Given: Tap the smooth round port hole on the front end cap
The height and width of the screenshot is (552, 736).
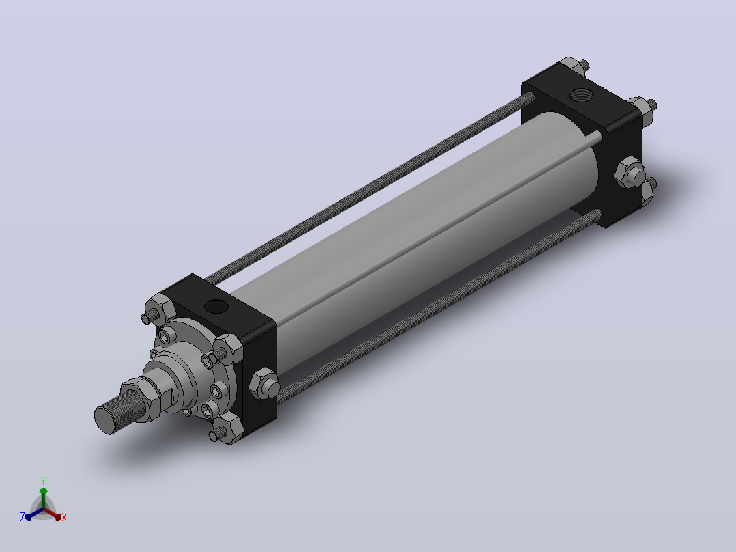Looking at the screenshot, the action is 216,307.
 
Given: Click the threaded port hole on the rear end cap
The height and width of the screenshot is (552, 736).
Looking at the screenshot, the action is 582,96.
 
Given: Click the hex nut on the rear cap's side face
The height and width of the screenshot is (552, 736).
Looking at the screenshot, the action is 630,173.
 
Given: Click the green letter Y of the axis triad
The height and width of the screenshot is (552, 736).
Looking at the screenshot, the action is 43,480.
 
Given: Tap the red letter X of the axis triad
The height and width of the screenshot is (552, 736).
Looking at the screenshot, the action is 64,517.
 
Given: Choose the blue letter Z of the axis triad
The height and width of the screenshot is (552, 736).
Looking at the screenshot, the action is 23,516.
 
